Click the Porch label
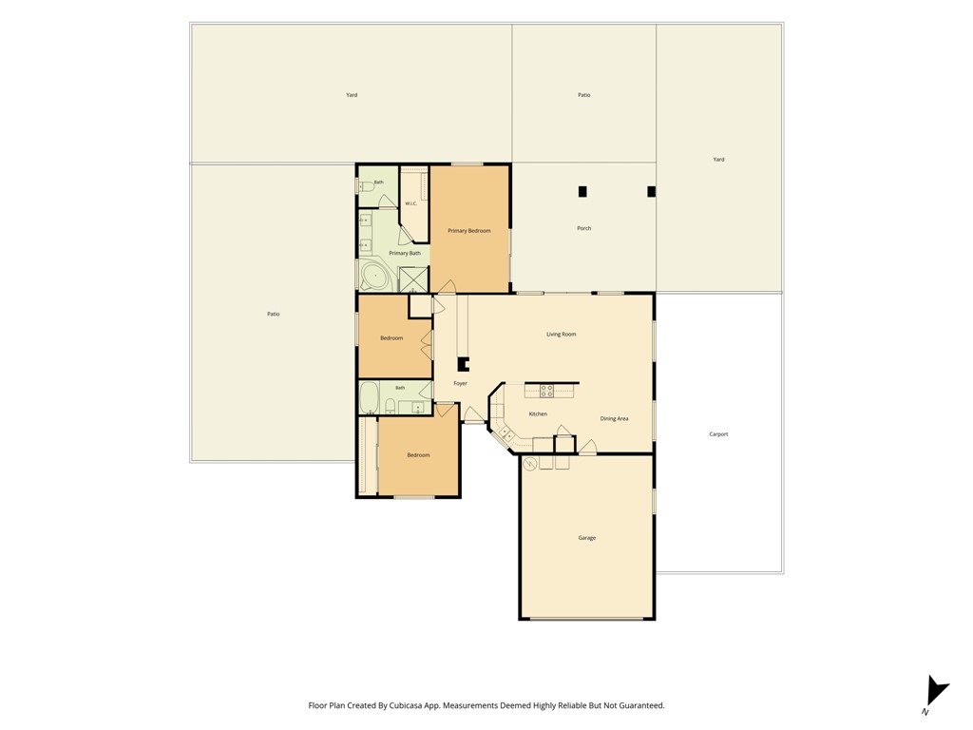coord(584,228)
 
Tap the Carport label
coord(718,434)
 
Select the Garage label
coord(587,538)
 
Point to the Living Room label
coord(561,335)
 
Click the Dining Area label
coord(615,419)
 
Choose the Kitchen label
coord(538,414)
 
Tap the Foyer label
coord(460,384)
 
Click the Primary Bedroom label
coord(469,231)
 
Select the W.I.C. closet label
coord(410,203)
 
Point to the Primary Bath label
coord(405,253)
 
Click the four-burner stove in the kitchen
coord(546,391)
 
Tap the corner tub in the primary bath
coord(374,277)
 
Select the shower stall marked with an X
coord(412,279)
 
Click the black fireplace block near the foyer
coord(464,364)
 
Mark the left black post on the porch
coord(582,192)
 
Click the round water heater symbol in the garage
coord(530,464)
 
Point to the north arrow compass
coord(936,693)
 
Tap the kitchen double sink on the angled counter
coord(506,433)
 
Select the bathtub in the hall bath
coord(370,398)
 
